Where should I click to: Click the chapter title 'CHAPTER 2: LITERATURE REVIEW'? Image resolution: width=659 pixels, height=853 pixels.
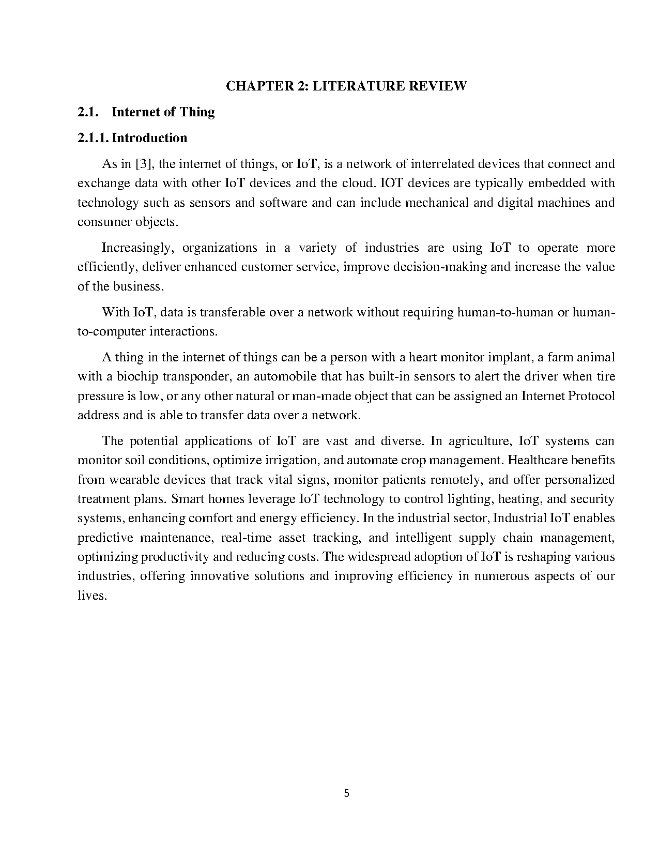click(346, 86)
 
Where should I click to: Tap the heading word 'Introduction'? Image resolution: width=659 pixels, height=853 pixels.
click(149, 138)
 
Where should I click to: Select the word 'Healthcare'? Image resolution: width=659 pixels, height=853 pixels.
click(538, 461)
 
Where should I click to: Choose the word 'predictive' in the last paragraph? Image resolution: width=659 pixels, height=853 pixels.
click(105, 538)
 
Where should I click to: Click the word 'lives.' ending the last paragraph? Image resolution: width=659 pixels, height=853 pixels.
click(92, 596)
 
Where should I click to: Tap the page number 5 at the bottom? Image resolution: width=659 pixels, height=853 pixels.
click(346, 794)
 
